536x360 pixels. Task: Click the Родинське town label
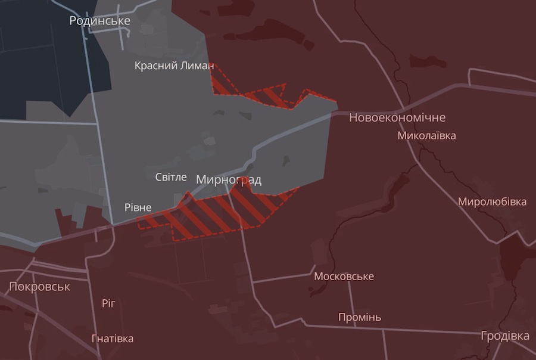pyautogui.click(x=99, y=21)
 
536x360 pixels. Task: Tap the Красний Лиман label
pyautogui.click(x=174, y=66)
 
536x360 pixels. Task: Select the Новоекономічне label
pyautogui.click(x=397, y=117)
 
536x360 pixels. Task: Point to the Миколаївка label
pyautogui.click(x=426, y=136)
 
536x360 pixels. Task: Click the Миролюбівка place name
pyautogui.click(x=492, y=202)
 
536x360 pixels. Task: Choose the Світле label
pyautogui.click(x=171, y=178)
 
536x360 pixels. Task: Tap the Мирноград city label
pyautogui.click(x=229, y=179)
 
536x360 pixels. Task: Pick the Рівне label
pyautogui.click(x=138, y=207)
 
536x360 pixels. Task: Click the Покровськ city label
pyautogui.click(x=40, y=287)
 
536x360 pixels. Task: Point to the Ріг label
pyautogui.click(x=108, y=303)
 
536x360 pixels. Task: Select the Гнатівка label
pyautogui.click(x=113, y=339)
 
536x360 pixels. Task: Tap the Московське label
pyautogui.click(x=344, y=277)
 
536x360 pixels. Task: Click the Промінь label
pyautogui.click(x=360, y=317)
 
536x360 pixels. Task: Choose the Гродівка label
pyautogui.click(x=505, y=336)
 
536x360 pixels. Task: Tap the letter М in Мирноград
pyautogui.click(x=201, y=179)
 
